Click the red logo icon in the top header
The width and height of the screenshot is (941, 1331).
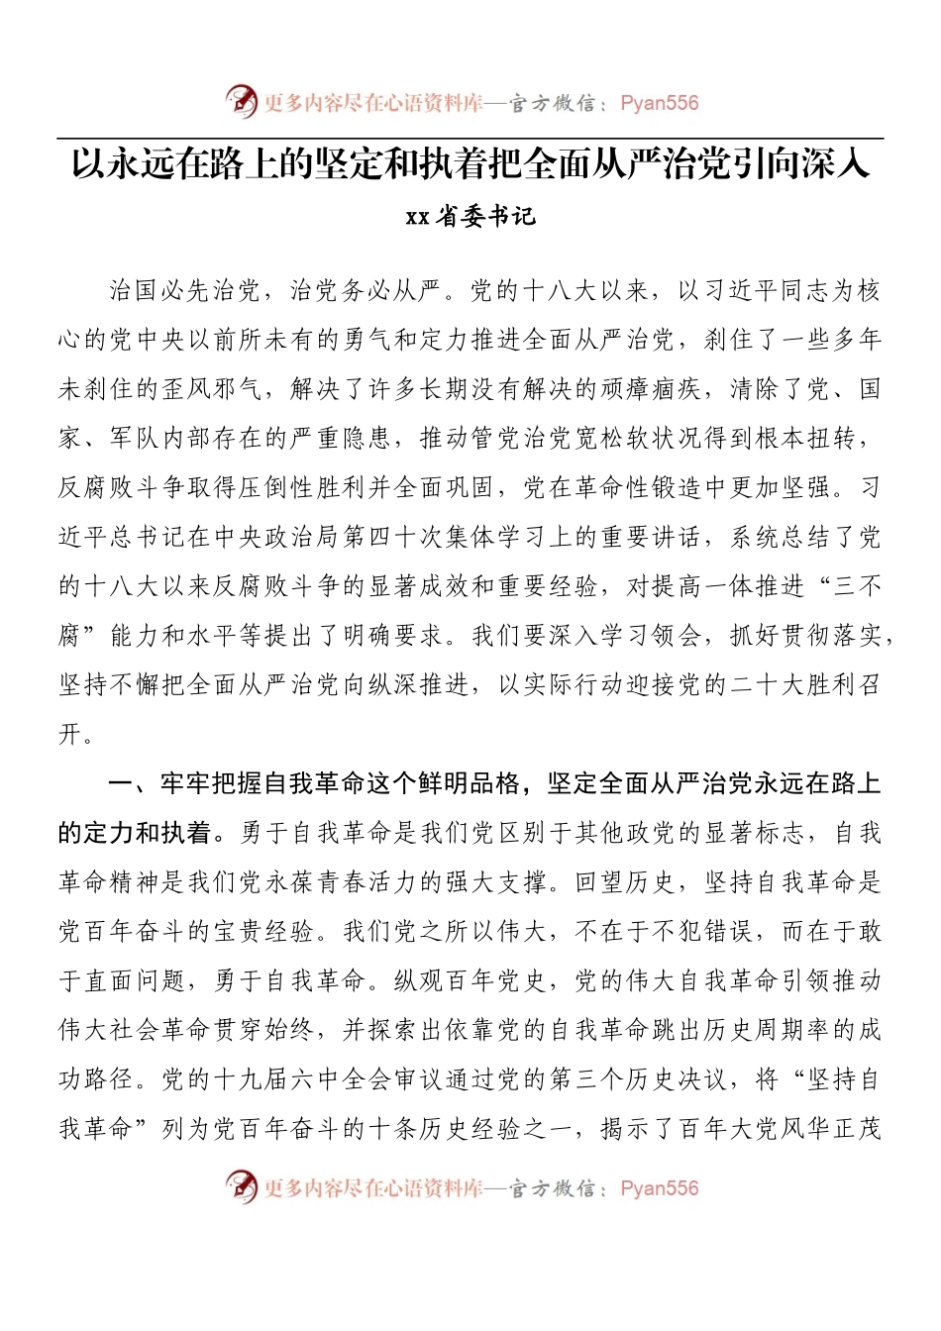pos(241,101)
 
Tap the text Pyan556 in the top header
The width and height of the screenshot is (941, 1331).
pos(659,103)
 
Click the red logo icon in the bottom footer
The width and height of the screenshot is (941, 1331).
pos(241,1185)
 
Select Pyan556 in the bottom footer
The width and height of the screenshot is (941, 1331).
pos(659,1188)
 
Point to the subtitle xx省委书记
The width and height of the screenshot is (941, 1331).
pos(470,217)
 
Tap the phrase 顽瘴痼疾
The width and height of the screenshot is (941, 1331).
pos(653,389)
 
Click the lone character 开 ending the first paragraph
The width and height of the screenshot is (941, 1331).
pos(70,735)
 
